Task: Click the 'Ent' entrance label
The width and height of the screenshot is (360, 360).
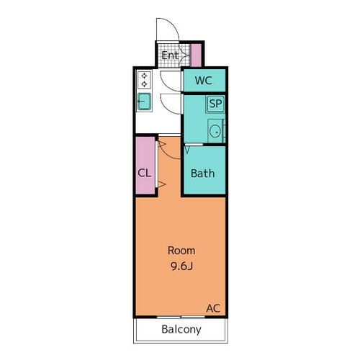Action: click(170, 55)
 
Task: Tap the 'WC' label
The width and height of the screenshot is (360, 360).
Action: click(203, 81)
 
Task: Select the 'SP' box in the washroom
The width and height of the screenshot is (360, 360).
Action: click(215, 104)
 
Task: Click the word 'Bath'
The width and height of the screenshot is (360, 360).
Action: click(202, 174)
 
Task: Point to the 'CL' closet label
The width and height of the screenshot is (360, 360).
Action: click(144, 173)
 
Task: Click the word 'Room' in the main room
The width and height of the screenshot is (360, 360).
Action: click(181, 251)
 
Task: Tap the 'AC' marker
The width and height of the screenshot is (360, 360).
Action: click(213, 308)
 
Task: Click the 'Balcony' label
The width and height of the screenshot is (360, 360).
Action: click(181, 330)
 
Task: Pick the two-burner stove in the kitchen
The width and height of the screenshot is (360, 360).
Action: click(144, 80)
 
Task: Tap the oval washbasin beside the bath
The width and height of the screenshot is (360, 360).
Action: click(214, 132)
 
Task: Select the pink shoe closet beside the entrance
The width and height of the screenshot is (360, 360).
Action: click(196, 55)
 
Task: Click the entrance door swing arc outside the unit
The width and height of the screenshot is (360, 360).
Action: click(168, 29)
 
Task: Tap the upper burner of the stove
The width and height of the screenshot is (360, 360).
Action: click(144, 76)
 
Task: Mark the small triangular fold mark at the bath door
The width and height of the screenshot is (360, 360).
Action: click(187, 149)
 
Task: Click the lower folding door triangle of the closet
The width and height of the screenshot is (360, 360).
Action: click(163, 186)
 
